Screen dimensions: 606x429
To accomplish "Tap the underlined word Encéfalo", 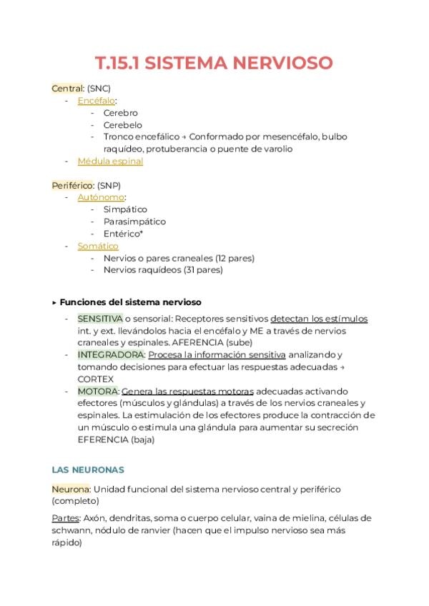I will pyautogui.click(x=96, y=101).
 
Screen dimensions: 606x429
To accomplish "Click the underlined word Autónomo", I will pyautogui.click(x=101, y=197).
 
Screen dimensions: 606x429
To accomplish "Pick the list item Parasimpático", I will pyautogui.click(x=134, y=222).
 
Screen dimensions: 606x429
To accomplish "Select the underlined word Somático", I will pyautogui.click(x=98, y=246).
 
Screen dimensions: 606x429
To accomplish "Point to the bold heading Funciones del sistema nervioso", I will pyautogui.click(x=130, y=302).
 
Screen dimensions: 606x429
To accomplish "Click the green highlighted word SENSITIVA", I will pyautogui.click(x=99, y=318).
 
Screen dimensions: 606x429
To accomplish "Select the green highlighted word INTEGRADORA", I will pyautogui.click(x=111, y=354).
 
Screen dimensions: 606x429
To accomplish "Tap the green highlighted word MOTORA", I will pyautogui.click(x=98, y=391).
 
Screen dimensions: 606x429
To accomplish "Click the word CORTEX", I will pyautogui.click(x=95, y=379).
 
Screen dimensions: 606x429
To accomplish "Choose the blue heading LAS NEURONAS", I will pyautogui.click(x=88, y=470).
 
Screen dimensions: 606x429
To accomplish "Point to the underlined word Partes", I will pyautogui.click(x=64, y=517).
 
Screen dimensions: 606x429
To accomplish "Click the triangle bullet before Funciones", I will pyautogui.click(x=55, y=302).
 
